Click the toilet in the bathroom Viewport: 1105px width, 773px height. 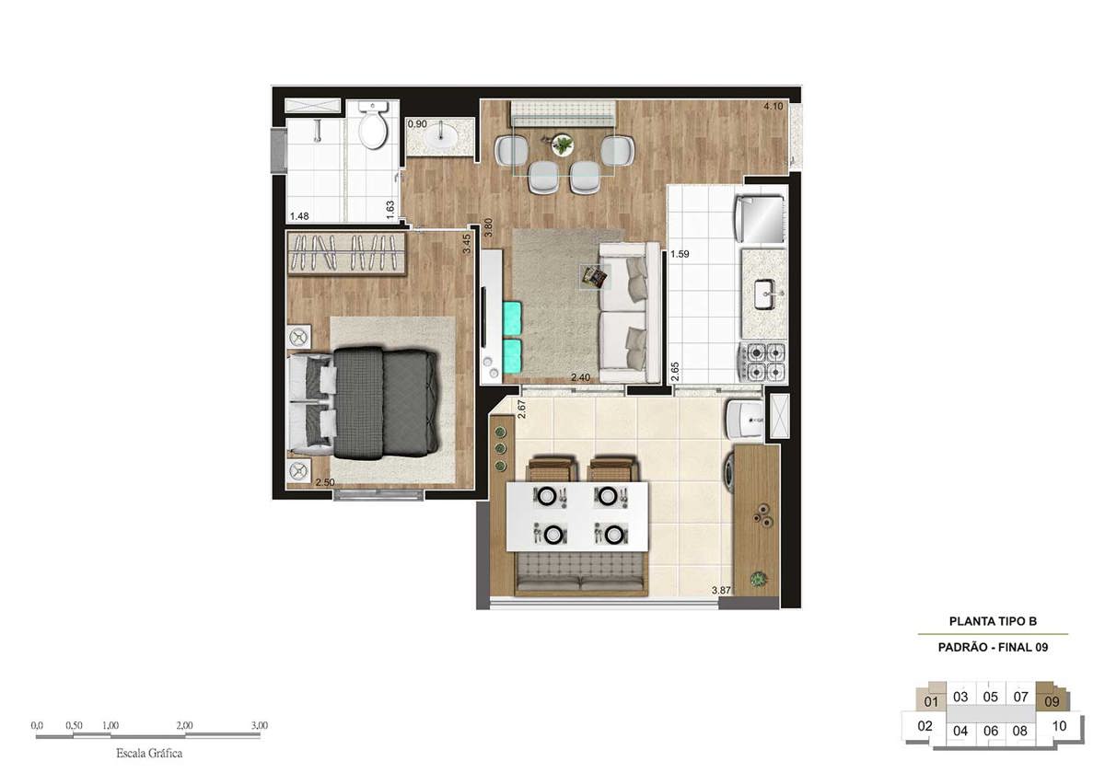point(373,125)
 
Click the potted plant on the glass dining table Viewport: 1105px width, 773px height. point(563,144)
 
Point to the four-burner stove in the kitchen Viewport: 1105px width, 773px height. point(762,362)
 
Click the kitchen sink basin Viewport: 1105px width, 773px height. point(765,294)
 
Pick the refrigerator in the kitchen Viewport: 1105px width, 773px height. point(759,219)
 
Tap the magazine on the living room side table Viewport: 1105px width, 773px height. point(595,277)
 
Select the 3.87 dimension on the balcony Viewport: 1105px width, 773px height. point(721,590)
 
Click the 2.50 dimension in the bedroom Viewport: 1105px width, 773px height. point(324,482)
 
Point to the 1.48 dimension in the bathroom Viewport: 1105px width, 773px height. point(299,216)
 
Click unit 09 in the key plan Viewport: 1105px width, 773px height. point(1052,701)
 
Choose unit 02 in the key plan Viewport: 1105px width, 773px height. point(925,726)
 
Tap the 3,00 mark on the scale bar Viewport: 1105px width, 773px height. point(260,725)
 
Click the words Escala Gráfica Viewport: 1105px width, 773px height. point(149,754)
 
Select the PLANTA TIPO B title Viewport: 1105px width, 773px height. point(993,621)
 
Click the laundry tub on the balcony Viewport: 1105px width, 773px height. point(745,419)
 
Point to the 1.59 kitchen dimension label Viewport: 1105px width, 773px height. point(680,254)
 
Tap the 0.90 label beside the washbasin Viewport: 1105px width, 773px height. point(417,123)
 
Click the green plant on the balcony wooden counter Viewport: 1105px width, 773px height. point(757,579)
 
